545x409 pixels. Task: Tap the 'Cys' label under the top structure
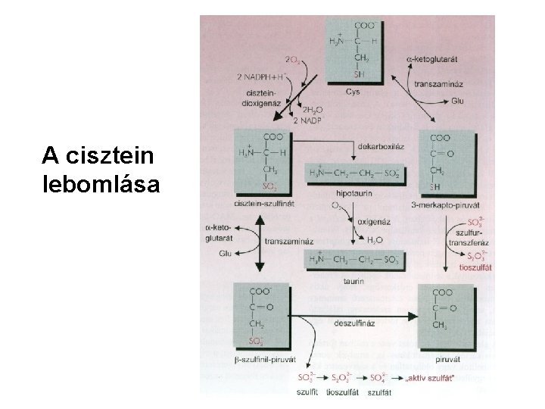(353, 92)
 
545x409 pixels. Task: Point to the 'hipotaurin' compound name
(352, 192)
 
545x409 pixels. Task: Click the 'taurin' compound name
(353, 280)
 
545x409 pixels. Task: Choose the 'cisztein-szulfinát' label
(262, 204)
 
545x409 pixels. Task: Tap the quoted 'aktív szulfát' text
(434, 376)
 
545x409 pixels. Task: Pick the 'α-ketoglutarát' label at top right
(436, 58)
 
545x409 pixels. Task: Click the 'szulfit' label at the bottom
(307, 392)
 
